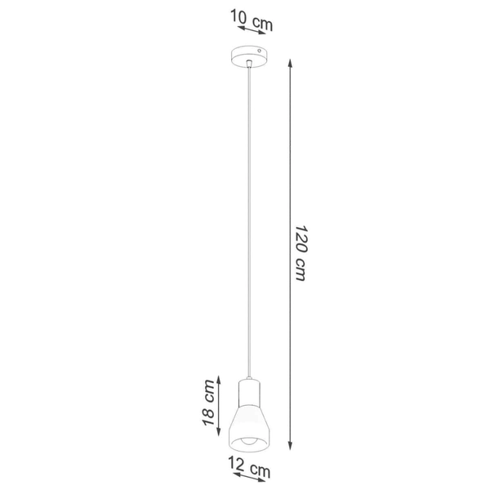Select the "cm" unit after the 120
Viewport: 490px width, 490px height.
point(300,270)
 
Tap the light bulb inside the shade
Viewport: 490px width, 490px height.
point(249,441)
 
